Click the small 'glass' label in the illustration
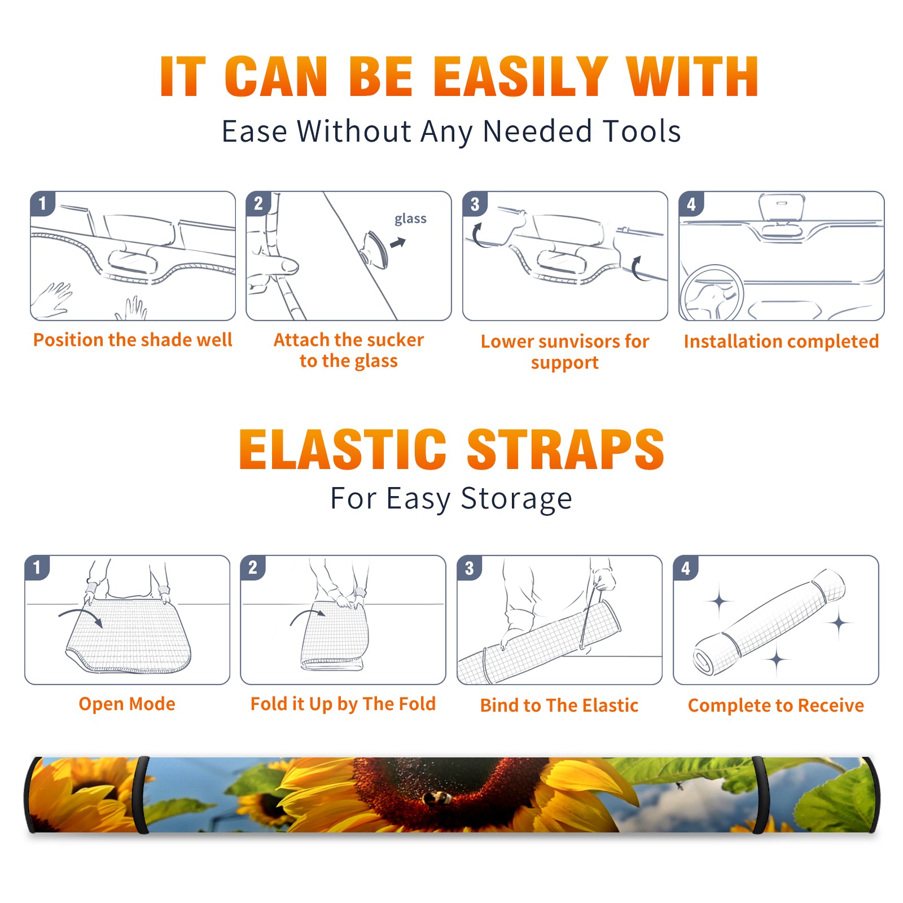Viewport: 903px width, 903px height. pos(410,219)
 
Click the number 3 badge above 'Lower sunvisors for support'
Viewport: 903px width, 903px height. pos(475,204)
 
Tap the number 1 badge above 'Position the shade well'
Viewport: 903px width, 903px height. pos(42,203)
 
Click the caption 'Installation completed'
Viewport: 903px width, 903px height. pos(781,341)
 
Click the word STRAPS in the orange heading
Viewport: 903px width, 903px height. pos(566,449)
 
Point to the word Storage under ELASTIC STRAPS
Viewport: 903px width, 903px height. pos(516,499)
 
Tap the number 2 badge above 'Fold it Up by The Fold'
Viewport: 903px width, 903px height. pos(253,567)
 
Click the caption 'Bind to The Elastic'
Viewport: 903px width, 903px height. pos(559,705)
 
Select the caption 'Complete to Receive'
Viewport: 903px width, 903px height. pos(776,705)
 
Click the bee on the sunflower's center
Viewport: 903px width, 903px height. pos(437,797)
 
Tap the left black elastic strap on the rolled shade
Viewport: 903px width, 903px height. pos(143,795)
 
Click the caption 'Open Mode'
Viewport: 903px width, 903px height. pos(127,704)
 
